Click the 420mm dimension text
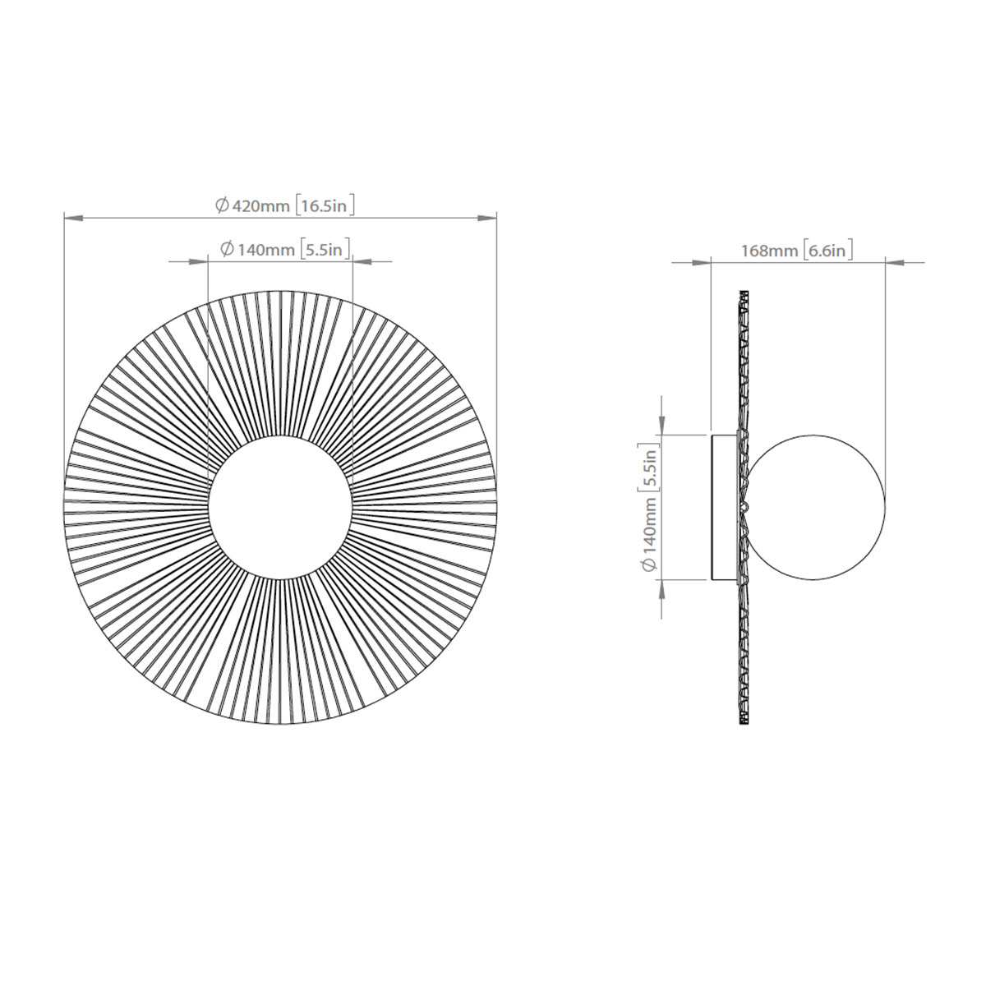[262, 206]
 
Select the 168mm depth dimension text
[770, 251]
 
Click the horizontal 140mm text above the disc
[265, 250]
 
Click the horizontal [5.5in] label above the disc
[325, 250]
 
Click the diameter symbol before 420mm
[222, 206]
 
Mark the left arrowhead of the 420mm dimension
[72, 219]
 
